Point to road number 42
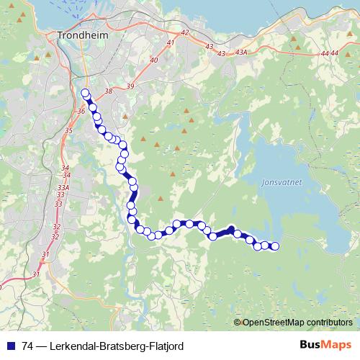[184, 33]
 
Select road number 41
[171, 44]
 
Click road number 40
[153, 60]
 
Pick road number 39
[130, 86]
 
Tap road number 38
[109, 91]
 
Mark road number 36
[80, 111]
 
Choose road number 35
[68, 130]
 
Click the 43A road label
[242, 53]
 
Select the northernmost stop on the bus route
[85, 93]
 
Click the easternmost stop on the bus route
[274, 246]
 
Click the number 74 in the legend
[28, 346]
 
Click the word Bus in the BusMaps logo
[310, 345]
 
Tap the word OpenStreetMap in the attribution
[270, 322]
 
